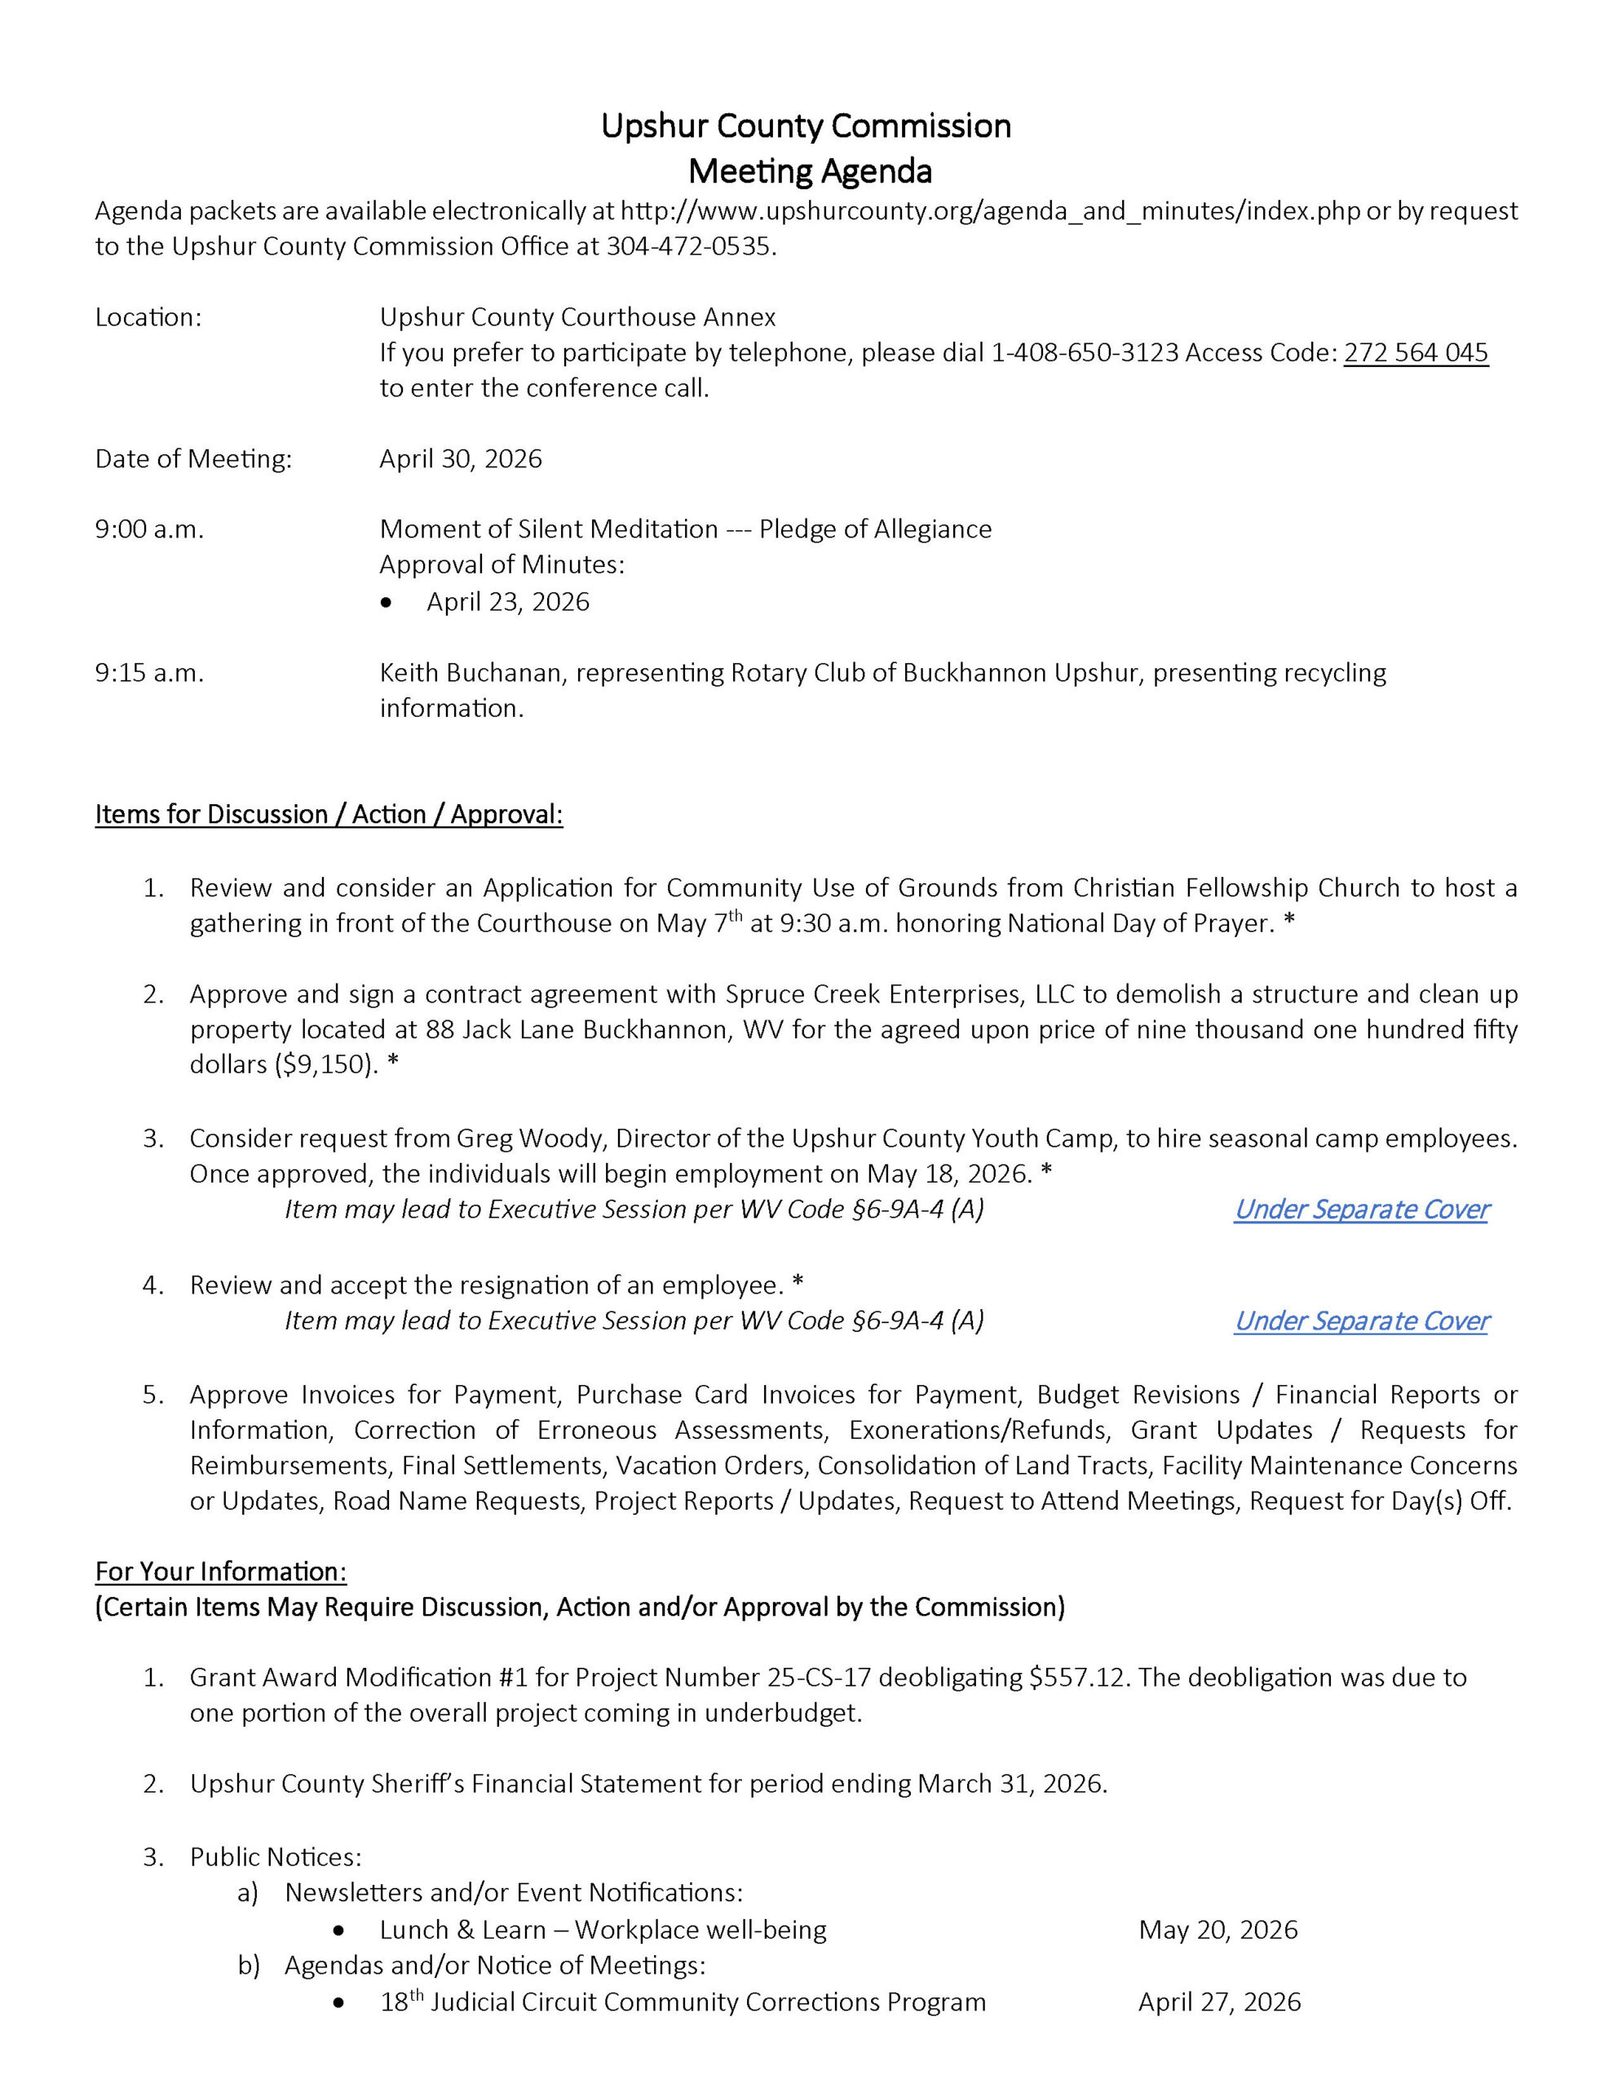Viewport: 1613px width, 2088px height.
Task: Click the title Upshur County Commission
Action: (x=805, y=126)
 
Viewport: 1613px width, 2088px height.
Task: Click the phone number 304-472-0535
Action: (x=687, y=246)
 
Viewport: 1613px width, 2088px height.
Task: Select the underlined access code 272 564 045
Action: (x=1415, y=353)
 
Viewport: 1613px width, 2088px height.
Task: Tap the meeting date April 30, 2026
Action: (x=460, y=459)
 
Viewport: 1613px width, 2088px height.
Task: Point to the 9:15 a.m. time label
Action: (x=149, y=673)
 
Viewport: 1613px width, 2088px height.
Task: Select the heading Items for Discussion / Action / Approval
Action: (x=328, y=815)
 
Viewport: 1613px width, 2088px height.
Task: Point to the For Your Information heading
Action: (x=220, y=1572)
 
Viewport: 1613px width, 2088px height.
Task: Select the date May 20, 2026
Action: (x=1217, y=1931)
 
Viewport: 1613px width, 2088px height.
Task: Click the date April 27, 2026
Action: (x=1218, y=2002)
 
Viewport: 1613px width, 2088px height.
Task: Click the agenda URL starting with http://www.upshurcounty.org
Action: (x=990, y=211)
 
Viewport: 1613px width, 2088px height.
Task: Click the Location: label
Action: (x=148, y=317)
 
